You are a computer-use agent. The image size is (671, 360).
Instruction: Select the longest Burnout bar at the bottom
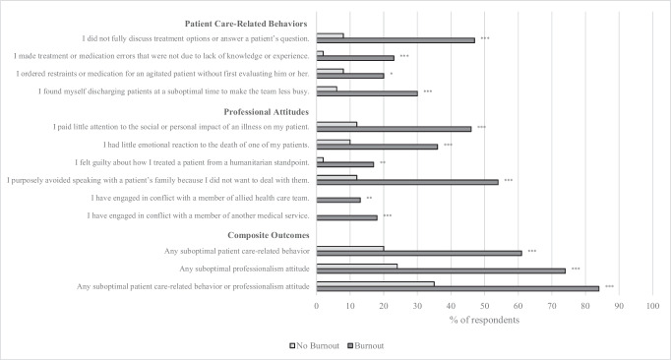(457, 287)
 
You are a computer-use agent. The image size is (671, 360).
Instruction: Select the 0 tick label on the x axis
(317, 306)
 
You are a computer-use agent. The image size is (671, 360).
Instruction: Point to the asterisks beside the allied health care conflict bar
(369, 199)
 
